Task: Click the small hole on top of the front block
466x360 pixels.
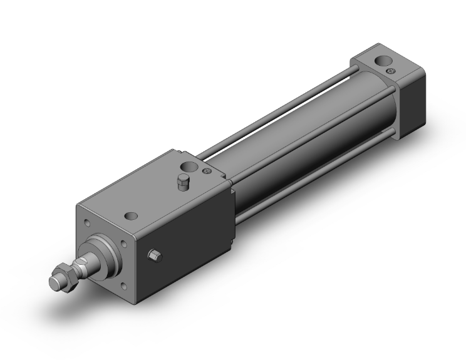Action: [x=131, y=216]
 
